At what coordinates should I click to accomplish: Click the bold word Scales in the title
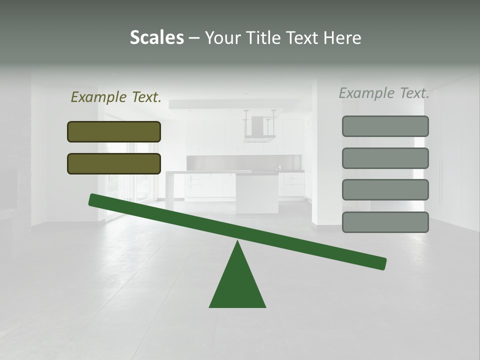[x=156, y=37]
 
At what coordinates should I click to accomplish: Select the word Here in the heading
[x=342, y=37]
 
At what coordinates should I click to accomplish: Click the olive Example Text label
[x=116, y=97]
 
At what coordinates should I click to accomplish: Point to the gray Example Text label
[x=384, y=93]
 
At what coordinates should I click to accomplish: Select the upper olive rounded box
[x=114, y=131]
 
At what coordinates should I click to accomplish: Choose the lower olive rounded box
[x=114, y=163]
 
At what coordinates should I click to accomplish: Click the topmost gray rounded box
[x=385, y=126]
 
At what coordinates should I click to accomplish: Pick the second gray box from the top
[x=385, y=158]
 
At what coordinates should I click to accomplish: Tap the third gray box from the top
[x=385, y=190]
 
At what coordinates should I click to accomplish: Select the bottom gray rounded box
[x=385, y=222]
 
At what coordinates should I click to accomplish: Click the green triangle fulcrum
[x=237, y=282]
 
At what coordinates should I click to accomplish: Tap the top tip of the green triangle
[x=237, y=243]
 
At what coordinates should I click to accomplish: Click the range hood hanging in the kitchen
[x=259, y=127]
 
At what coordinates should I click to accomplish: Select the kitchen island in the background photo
[x=256, y=192]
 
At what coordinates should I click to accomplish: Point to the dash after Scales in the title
[x=194, y=38]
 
